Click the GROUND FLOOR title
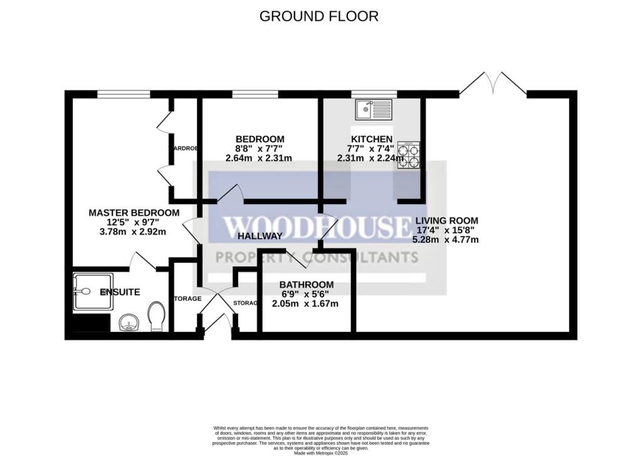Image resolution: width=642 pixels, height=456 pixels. [x=319, y=16]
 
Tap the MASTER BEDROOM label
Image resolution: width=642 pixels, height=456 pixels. [x=134, y=213]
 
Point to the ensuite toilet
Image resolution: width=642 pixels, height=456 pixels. [x=156, y=316]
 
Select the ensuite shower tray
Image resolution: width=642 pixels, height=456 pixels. [x=93, y=292]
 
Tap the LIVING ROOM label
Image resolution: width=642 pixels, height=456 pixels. [x=445, y=221]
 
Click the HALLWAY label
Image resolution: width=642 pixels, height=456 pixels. [x=260, y=236]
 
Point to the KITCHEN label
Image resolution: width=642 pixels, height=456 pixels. [x=371, y=139]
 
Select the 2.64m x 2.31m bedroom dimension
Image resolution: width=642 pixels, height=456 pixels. [x=260, y=158]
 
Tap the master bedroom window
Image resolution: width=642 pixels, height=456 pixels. [x=124, y=95]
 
